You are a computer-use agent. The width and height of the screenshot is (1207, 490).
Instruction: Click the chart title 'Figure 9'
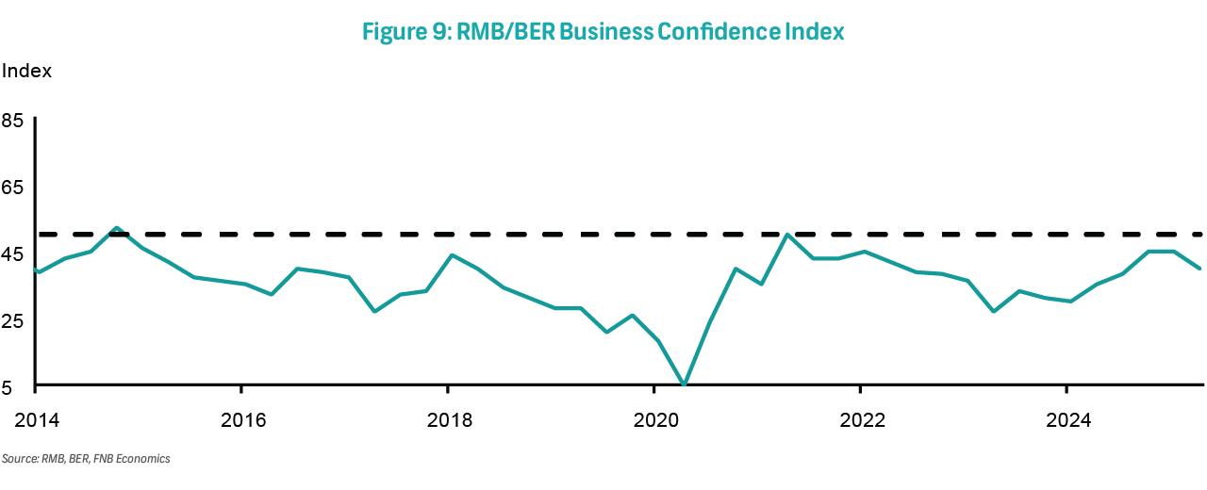tap(410, 32)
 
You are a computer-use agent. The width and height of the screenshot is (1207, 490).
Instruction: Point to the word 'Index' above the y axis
tap(26, 71)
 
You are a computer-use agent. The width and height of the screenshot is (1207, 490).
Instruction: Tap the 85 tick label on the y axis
tap(13, 121)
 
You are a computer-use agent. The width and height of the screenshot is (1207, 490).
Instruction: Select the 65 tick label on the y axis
tap(13, 188)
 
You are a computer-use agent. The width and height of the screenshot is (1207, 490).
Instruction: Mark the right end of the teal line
tap(1200, 269)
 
